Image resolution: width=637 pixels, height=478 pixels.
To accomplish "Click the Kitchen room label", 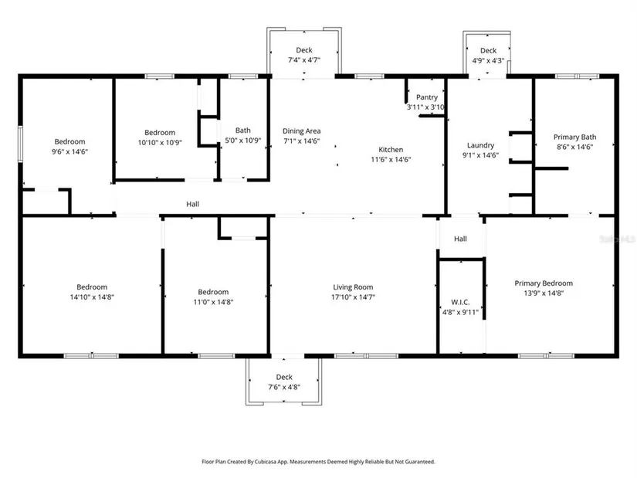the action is point(391,150).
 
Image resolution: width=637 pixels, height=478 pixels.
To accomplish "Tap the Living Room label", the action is point(353,287).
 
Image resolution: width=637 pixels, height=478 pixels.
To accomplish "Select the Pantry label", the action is point(426,97).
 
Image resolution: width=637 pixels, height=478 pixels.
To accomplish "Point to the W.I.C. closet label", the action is point(460,302).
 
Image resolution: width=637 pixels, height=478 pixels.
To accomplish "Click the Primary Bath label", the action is point(574,137).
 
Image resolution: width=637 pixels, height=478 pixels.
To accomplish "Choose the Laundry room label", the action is point(480,145).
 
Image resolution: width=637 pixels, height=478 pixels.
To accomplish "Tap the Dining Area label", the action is point(301,131).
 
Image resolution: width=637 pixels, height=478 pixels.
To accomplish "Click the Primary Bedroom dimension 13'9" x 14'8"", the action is point(544,293).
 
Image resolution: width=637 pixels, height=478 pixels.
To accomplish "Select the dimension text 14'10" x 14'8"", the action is point(92,297).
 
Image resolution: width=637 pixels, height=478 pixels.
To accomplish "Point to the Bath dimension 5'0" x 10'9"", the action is point(243,141).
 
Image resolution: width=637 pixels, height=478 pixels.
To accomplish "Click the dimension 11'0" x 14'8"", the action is point(213,302).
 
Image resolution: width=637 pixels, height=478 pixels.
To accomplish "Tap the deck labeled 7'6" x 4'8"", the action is point(284,382).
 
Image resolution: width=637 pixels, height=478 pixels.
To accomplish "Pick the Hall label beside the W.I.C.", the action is point(460,239).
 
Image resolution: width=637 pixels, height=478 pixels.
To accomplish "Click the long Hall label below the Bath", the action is point(192,204).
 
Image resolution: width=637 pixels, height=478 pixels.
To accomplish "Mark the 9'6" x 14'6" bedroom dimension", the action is point(69,151).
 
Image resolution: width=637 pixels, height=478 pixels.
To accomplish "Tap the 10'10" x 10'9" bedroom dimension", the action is point(160,143).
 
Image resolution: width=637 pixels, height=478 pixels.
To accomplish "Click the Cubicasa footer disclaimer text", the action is point(318,462).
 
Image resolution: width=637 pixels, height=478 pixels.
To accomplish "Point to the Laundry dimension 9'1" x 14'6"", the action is point(480,155).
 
